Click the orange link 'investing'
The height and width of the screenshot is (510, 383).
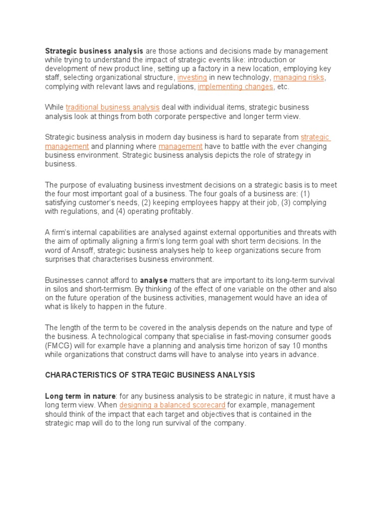pyautogui.click(x=192, y=78)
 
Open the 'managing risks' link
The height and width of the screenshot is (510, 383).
pyautogui.click(x=299, y=78)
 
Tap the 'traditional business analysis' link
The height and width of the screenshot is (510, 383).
pyautogui.click(x=112, y=107)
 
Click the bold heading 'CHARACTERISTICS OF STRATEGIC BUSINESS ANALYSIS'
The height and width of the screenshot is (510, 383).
pyautogui.click(x=150, y=375)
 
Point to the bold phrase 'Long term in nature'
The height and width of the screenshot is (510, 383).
pyautogui.click(x=80, y=396)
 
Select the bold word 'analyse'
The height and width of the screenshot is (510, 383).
pyautogui.click(x=154, y=280)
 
